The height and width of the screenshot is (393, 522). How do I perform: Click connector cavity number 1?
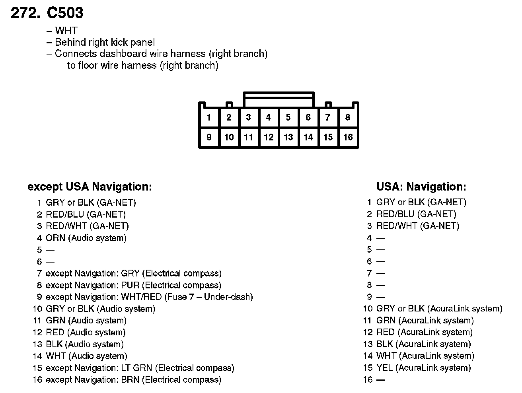(x=209, y=117)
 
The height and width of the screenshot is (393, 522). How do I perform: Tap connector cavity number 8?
(x=348, y=117)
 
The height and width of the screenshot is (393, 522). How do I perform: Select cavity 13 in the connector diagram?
(x=288, y=137)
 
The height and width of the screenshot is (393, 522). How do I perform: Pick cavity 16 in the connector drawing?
(x=348, y=137)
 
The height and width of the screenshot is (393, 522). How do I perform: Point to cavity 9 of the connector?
(x=209, y=137)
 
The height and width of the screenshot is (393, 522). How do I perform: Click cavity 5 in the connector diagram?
(x=288, y=117)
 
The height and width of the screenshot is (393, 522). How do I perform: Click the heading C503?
(x=65, y=13)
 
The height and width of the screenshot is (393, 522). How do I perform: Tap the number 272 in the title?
(x=25, y=13)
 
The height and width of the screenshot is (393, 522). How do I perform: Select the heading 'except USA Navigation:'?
(x=90, y=187)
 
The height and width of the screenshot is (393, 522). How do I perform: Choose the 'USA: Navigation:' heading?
(x=421, y=187)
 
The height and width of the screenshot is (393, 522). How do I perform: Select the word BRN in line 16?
(x=130, y=380)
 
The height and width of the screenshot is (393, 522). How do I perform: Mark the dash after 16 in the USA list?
(x=381, y=380)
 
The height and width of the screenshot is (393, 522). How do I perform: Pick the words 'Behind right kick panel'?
(x=105, y=43)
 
